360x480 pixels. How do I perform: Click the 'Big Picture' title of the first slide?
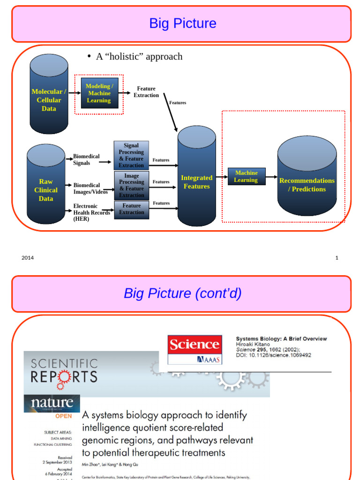[x=182, y=23]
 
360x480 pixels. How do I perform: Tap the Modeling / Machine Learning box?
[x=99, y=93]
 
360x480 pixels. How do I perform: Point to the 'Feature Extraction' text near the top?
[x=146, y=92]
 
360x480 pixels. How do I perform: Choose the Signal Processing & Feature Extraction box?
[x=131, y=156]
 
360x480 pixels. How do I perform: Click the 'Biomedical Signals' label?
[x=87, y=160]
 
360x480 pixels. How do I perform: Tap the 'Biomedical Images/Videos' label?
[x=90, y=188]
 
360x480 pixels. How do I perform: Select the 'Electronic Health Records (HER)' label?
[x=91, y=212]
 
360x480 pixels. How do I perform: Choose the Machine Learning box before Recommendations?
[x=246, y=177]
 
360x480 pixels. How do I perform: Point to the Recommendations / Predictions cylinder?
[x=307, y=178]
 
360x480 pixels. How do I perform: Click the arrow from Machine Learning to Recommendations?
[x=271, y=177]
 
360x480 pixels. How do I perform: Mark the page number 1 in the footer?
[x=337, y=258]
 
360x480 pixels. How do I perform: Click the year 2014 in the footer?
[x=28, y=258]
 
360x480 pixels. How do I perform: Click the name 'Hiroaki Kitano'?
[x=253, y=345]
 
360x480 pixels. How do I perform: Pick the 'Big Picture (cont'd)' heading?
[x=182, y=293]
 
